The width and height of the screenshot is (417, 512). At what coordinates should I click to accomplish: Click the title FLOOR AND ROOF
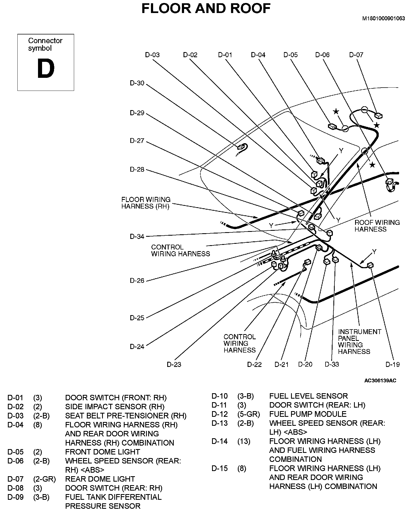click(x=206, y=9)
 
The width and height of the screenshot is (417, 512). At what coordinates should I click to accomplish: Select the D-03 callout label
click(x=152, y=55)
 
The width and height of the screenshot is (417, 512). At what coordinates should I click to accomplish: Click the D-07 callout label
click(x=356, y=55)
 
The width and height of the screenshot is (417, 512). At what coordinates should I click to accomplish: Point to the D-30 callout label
click(x=137, y=83)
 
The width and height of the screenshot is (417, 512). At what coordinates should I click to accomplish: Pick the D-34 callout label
click(x=137, y=236)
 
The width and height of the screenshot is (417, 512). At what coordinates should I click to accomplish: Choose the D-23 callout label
click(x=174, y=364)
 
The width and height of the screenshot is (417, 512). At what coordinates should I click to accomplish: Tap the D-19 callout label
click(x=393, y=364)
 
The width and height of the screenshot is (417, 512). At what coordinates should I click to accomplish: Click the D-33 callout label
click(x=332, y=364)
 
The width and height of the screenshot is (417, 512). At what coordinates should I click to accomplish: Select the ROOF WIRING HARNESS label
click(x=377, y=226)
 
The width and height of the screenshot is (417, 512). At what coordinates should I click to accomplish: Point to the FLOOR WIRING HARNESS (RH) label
click(x=146, y=203)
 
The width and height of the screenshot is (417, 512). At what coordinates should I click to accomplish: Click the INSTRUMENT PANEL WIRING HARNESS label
click(x=359, y=341)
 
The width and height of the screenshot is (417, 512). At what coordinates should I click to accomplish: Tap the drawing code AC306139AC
click(x=380, y=380)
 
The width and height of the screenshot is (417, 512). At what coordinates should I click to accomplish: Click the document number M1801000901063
click(x=384, y=18)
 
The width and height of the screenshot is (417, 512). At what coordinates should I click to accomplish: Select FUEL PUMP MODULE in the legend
click(x=308, y=414)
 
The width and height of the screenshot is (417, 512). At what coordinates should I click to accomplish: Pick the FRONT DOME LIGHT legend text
click(x=102, y=452)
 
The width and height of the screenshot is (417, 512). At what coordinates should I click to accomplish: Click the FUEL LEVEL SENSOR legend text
click(x=308, y=396)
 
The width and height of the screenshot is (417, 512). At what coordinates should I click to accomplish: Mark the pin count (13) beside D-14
click(x=244, y=441)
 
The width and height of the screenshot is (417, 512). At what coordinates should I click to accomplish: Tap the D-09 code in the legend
click(x=15, y=497)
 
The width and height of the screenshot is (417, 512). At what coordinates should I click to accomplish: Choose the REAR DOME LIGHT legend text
click(x=100, y=479)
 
